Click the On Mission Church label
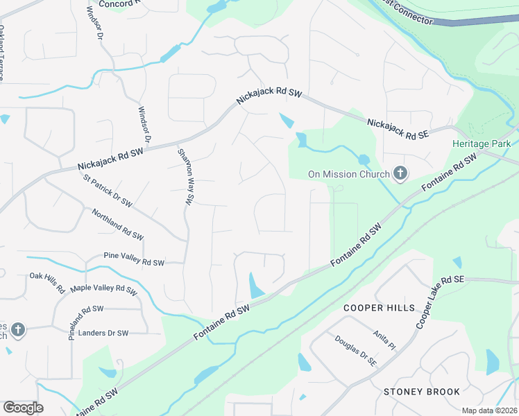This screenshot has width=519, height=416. point(349,173)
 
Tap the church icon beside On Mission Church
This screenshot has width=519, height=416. point(400,173)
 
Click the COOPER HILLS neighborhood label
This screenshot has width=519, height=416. point(379,307)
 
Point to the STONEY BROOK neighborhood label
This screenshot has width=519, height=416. point(422,392)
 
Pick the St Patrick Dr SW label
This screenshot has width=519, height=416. point(108,191)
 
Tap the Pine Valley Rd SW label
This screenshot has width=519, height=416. point(133,262)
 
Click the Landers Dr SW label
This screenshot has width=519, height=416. point(103,333)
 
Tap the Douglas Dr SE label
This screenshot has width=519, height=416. point(355,351)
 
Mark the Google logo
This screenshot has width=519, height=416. point(23,408)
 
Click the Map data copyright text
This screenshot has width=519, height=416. point(488,410)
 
